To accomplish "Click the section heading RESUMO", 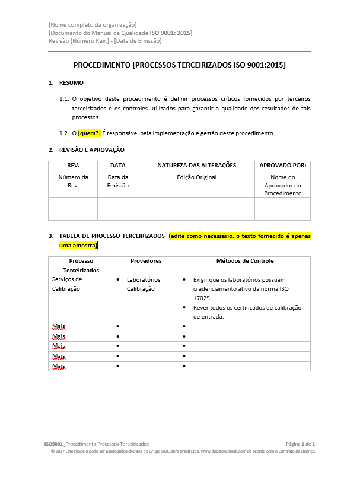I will tap(71, 83).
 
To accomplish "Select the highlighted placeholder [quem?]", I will tap(90, 133).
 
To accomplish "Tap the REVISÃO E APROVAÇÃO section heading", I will tap(91, 150).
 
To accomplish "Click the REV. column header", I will tap(72, 166).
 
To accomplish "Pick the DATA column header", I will tap(117, 166).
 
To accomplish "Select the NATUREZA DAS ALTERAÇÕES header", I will tap(196, 166).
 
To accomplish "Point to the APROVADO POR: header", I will tap(282, 166).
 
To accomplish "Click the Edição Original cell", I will tap(196, 177).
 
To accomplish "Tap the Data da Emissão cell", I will tap(117, 181).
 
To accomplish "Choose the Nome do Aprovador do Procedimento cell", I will tap(282, 185).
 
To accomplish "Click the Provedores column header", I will tap(146, 261).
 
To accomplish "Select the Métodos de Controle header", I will tap(245, 261).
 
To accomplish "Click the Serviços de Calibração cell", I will tap(67, 284).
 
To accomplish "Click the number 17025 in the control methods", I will tap(202, 298).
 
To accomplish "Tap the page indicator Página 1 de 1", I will tap(300, 444).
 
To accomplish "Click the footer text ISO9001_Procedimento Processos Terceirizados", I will tap(97, 444).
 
